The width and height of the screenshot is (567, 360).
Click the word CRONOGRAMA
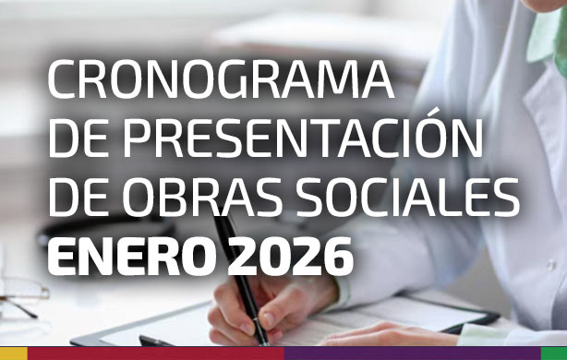[221, 81]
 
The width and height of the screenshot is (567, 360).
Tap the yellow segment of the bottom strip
[13, 354]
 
